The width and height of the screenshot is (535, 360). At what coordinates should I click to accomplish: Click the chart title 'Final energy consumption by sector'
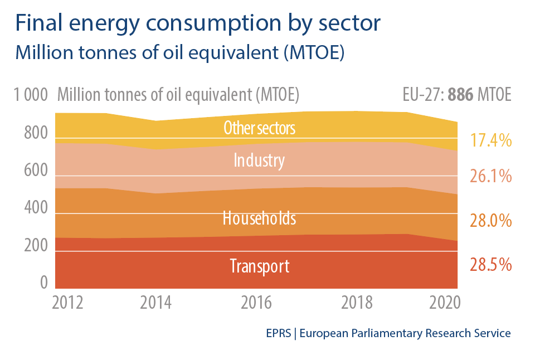pos(198,23)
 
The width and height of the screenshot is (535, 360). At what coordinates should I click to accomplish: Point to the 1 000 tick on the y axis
pos(32,95)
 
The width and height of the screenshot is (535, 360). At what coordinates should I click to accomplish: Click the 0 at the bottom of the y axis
pos(43,283)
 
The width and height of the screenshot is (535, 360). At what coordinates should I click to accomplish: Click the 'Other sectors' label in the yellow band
pos(259,128)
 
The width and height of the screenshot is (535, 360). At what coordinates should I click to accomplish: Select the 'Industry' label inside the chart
pos(259,161)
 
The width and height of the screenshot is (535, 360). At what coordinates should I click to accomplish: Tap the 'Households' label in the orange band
pos(259,218)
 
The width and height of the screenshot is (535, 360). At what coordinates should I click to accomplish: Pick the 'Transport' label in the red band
pos(260,266)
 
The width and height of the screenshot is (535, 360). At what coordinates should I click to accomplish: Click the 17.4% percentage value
pos(490,140)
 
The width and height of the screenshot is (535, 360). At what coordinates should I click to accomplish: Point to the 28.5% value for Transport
pos(490,265)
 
